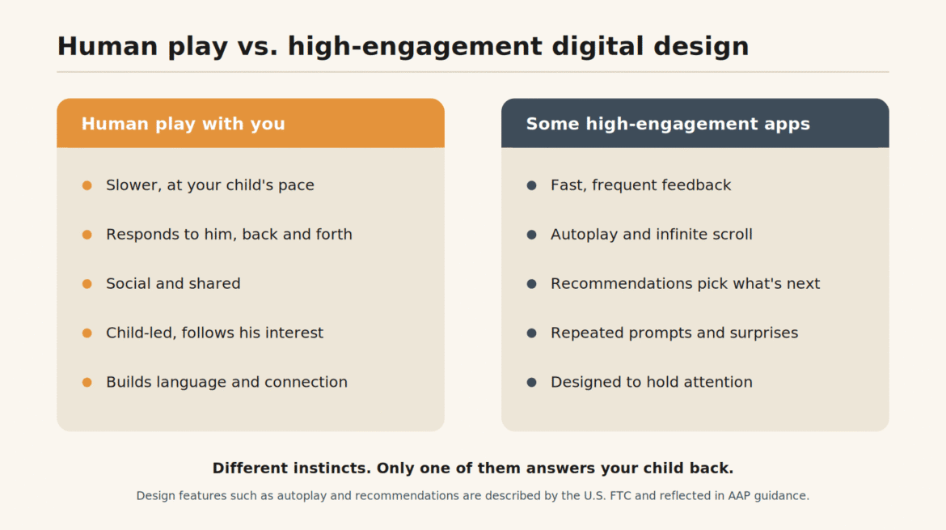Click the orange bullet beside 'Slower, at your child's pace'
click(87, 185)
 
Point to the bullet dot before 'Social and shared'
click(87, 284)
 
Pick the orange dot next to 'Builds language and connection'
click(87, 382)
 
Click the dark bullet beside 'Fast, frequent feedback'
click(531, 185)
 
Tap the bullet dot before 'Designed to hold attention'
click(531, 382)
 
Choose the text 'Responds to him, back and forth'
click(229, 234)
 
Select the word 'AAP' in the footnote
click(739, 495)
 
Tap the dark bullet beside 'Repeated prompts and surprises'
click(531, 333)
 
